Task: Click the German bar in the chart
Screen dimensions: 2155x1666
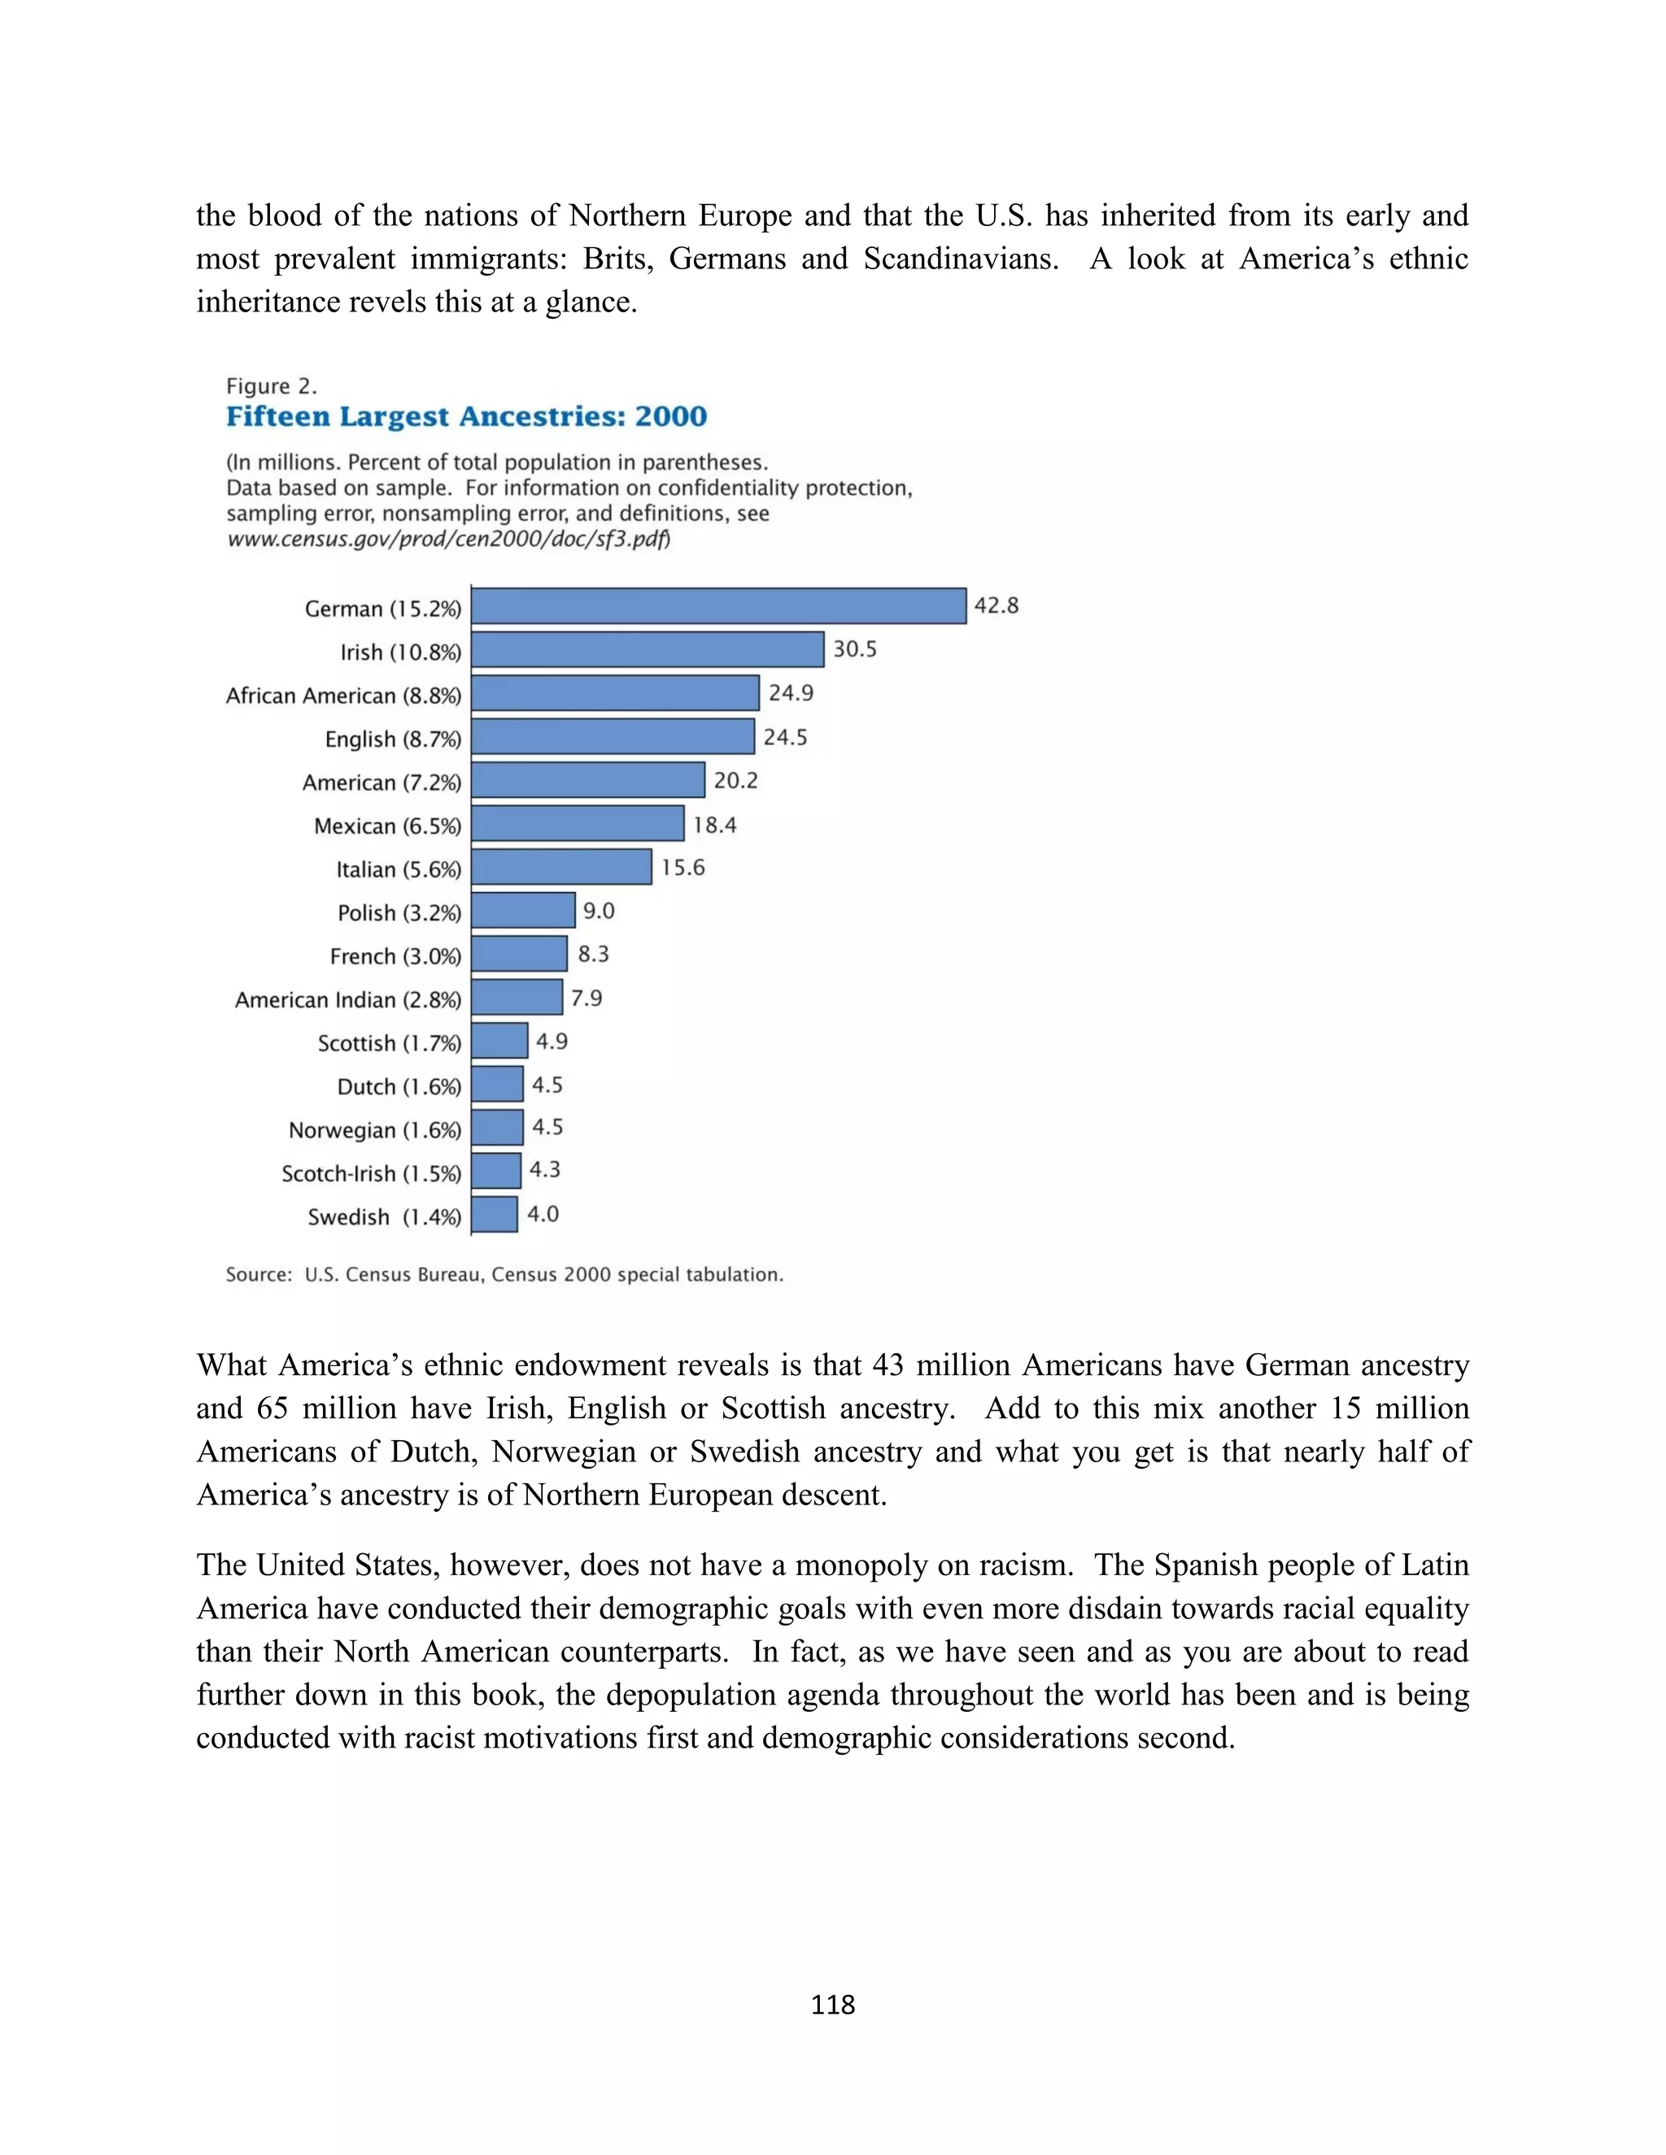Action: pyautogui.click(x=718, y=606)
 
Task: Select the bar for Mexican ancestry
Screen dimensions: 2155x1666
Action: pyautogui.click(x=578, y=823)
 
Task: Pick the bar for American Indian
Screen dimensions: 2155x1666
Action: pyautogui.click(x=517, y=997)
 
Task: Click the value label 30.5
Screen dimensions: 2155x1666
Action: pyautogui.click(x=855, y=649)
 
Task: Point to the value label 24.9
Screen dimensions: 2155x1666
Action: pyautogui.click(x=791, y=693)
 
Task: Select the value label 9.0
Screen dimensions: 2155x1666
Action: pyautogui.click(x=598, y=911)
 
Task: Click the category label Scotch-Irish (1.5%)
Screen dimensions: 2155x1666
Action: pyautogui.click(x=371, y=1173)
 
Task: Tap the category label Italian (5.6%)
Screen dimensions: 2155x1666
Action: pyautogui.click(x=398, y=869)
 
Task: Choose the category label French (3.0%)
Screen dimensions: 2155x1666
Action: pyautogui.click(x=395, y=956)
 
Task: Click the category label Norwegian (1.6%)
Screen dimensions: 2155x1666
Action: pyautogui.click(x=374, y=1130)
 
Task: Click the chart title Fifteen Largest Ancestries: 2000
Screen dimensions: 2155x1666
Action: pyautogui.click(x=466, y=416)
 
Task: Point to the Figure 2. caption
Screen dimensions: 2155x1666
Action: pyautogui.click(x=272, y=385)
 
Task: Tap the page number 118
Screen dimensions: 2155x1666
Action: pyautogui.click(x=832, y=2004)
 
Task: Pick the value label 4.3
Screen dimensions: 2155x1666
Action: pyautogui.click(x=544, y=1170)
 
